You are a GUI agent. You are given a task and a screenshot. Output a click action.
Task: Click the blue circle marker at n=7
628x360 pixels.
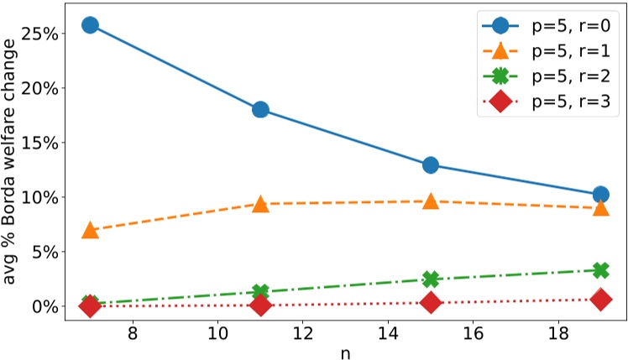pyautogui.click(x=90, y=25)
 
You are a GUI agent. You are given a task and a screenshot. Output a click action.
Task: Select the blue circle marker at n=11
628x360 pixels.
pyautogui.click(x=260, y=110)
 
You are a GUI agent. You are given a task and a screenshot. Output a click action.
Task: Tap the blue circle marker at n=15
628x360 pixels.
pyautogui.click(x=431, y=164)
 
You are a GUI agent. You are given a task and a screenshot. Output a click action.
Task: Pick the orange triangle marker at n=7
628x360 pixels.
pyautogui.click(x=90, y=230)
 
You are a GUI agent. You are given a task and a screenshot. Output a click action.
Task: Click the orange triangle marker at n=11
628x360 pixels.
pyautogui.click(x=260, y=204)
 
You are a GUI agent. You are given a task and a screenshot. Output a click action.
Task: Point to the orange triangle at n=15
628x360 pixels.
pyautogui.click(x=431, y=201)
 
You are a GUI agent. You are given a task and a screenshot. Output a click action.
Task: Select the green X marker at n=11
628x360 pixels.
pyautogui.click(x=260, y=292)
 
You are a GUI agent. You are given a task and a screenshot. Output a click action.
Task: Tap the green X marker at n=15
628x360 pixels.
pyautogui.click(x=431, y=279)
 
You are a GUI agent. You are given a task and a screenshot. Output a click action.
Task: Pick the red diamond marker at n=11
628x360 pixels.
pyautogui.click(x=260, y=305)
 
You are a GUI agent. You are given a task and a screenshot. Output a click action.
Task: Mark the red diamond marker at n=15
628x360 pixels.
pyautogui.click(x=431, y=303)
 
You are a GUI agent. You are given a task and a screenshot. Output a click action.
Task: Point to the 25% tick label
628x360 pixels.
pyautogui.click(x=39, y=34)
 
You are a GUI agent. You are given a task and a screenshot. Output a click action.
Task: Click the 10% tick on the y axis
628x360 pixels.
pyautogui.click(x=39, y=197)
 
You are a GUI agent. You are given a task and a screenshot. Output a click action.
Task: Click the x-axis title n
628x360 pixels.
pyautogui.click(x=345, y=352)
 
